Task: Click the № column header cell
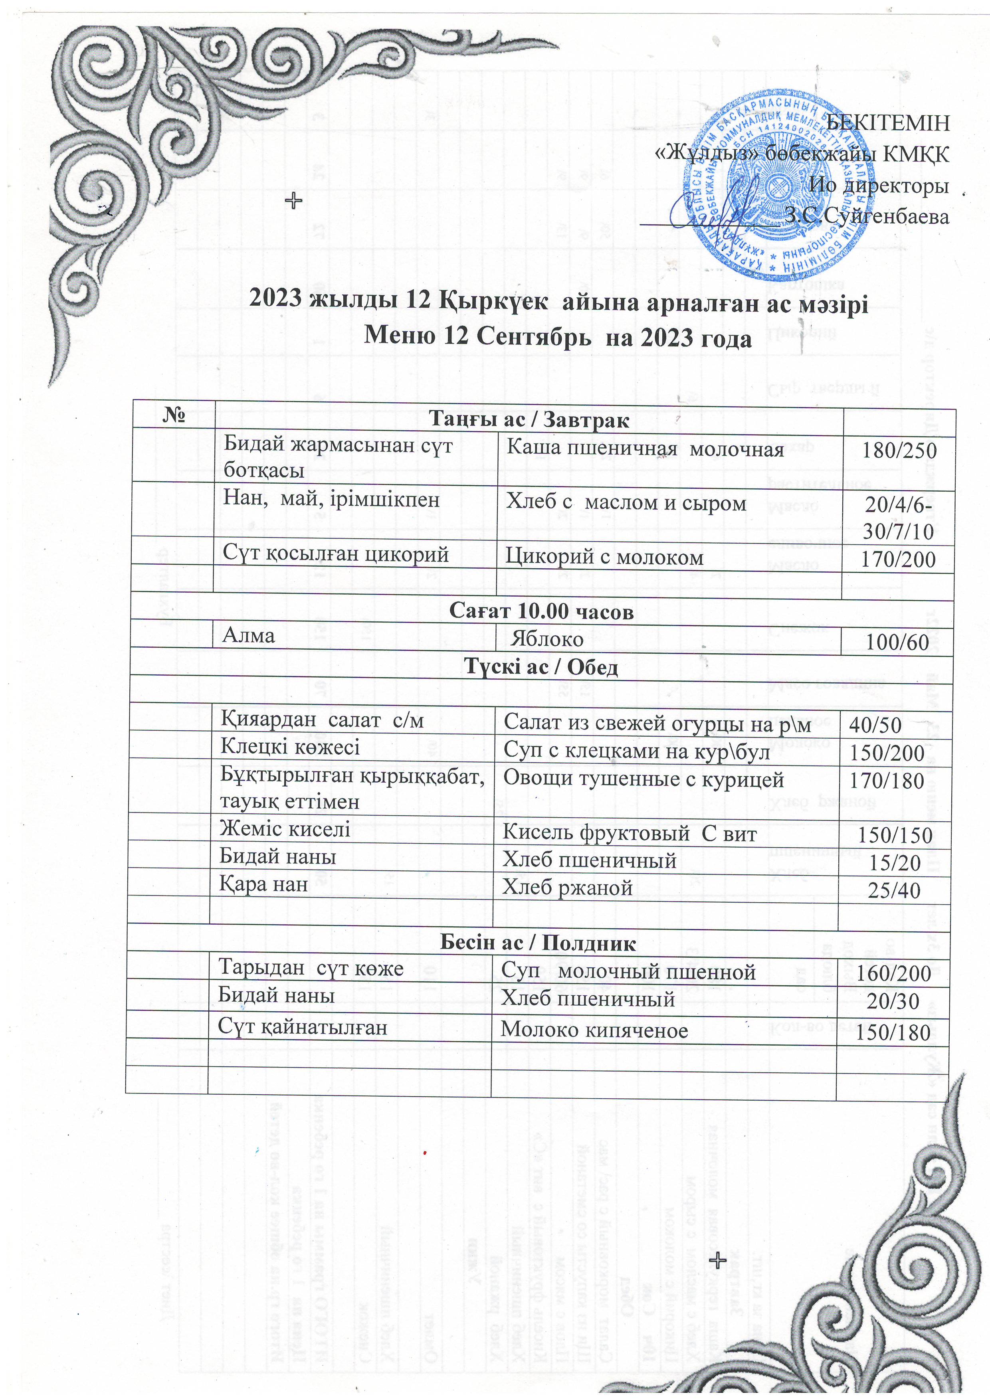(x=174, y=415)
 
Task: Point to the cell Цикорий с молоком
(x=604, y=557)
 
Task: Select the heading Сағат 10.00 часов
(x=541, y=611)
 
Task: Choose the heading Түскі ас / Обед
(x=541, y=667)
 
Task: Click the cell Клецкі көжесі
(x=290, y=747)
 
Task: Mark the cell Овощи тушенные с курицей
(x=643, y=779)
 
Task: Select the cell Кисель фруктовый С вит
(x=629, y=834)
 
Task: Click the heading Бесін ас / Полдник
(x=537, y=944)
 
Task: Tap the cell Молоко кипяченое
(x=594, y=1030)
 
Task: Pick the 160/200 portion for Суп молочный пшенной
(x=893, y=973)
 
